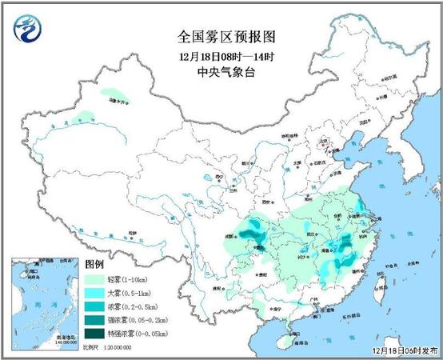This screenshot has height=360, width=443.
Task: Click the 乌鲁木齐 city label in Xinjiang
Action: (x=118, y=102)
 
